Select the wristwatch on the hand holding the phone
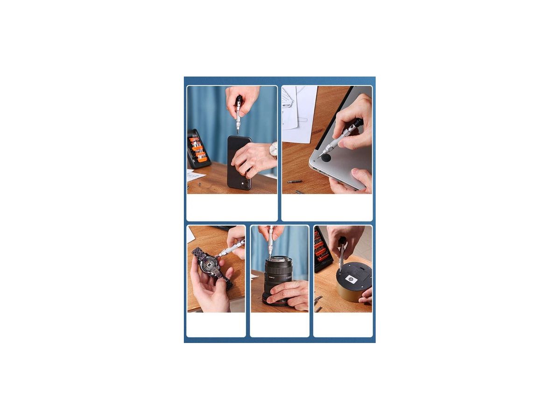click(x=273, y=150)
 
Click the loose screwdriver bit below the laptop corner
click(x=294, y=182)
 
